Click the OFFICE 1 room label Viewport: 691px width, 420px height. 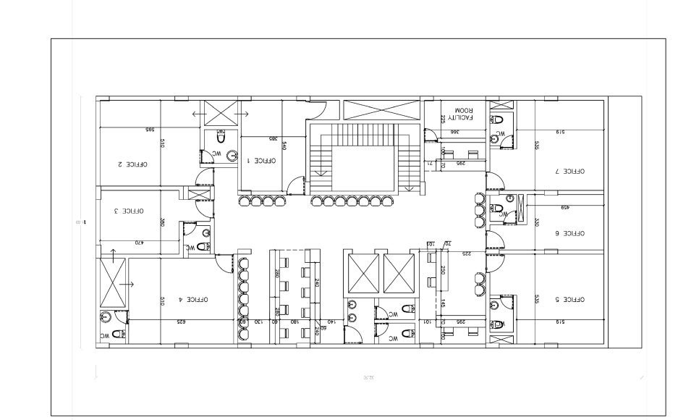coord(258,160)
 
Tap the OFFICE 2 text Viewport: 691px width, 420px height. coord(132,164)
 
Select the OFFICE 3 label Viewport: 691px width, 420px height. coord(129,211)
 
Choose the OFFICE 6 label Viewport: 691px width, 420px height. coord(569,233)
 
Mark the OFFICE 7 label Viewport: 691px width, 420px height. coord(569,172)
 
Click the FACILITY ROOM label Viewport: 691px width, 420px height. coord(459,112)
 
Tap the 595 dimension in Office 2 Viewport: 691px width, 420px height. coord(151,130)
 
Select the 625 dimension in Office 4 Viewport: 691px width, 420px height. coord(182,321)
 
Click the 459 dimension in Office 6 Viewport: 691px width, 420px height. coord(565,208)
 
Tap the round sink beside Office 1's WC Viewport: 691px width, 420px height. coord(232,154)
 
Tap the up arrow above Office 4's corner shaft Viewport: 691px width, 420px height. coord(114,253)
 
